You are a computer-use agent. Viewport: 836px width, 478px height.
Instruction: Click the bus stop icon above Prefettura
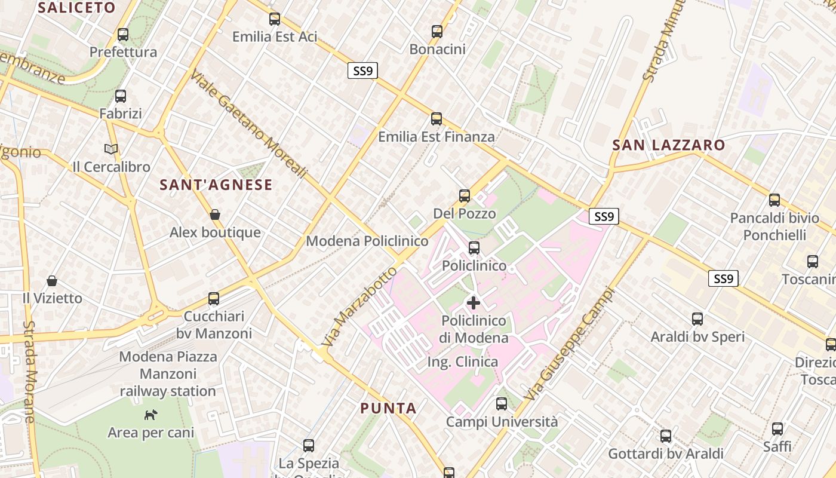pyautogui.click(x=123, y=35)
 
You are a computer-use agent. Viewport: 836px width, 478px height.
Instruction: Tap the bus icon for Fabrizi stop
pyautogui.click(x=121, y=96)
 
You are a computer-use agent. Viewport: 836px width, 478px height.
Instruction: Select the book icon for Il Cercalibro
pyautogui.click(x=111, y=149)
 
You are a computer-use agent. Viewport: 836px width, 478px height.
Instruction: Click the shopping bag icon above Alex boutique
pyautogui.click(x=215, y=215)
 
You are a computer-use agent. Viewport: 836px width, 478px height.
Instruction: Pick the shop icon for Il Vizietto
pyautogui.click(x=52, y=280)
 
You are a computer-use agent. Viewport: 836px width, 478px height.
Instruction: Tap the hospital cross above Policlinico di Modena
pyautogui.click(x=473, y=303)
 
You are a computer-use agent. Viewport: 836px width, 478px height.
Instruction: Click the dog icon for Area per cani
pyautogui.click(x=151, y=414)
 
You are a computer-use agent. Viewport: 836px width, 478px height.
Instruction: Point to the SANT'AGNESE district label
pyautogui.click(x=216, y=185)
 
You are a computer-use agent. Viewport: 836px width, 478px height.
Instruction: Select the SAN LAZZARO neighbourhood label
pyautogui.click(x=669, y=145)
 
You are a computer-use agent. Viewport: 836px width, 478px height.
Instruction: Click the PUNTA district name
pyautogui.click(x=388, y=409)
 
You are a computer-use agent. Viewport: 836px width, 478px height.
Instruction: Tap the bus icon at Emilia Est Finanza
pyautogui.click(x=437, y=119)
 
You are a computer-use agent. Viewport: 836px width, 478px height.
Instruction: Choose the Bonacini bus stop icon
pyautogui.click(x=437, y=32)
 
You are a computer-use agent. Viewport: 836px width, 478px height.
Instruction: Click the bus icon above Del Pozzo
pyautogui.click(x=464, y=196)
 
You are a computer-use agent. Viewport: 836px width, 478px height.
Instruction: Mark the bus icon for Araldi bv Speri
pyautogui.click(x=697, y=319)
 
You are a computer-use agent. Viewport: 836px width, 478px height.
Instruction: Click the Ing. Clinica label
pyautogui.click(x=462, y=362)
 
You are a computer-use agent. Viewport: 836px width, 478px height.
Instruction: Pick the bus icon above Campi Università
pyautogui.click(x=502, y=404)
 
